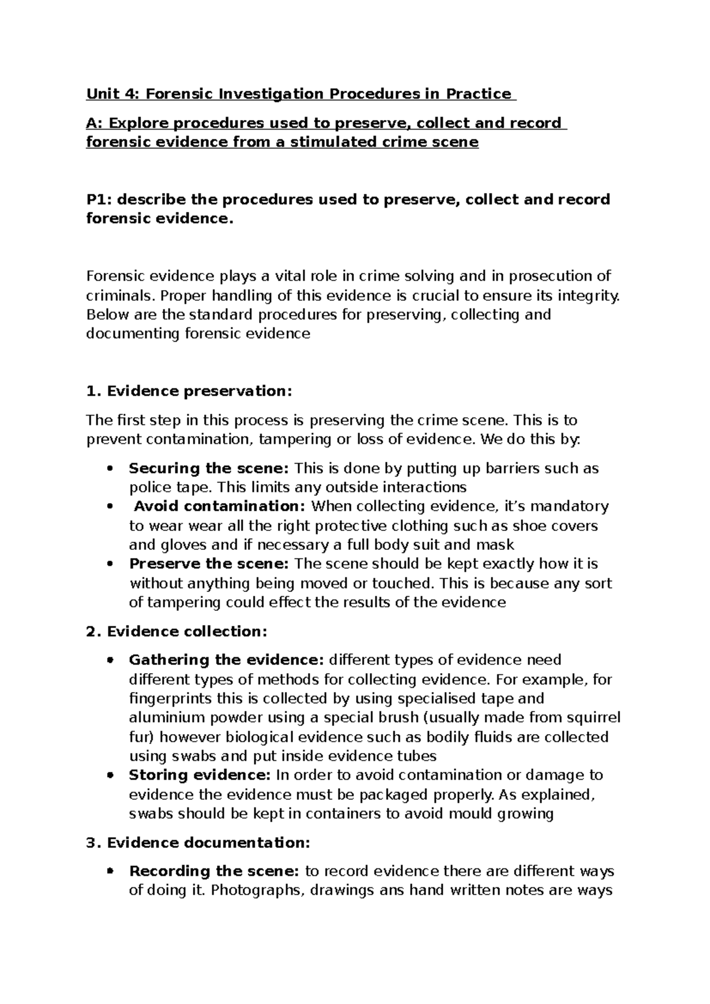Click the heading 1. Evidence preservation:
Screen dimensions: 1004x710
189,391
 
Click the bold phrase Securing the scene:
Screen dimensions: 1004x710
209,469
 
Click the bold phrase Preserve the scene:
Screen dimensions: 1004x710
209,564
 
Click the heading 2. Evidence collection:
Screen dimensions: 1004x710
176,632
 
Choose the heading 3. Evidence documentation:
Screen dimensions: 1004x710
198,843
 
